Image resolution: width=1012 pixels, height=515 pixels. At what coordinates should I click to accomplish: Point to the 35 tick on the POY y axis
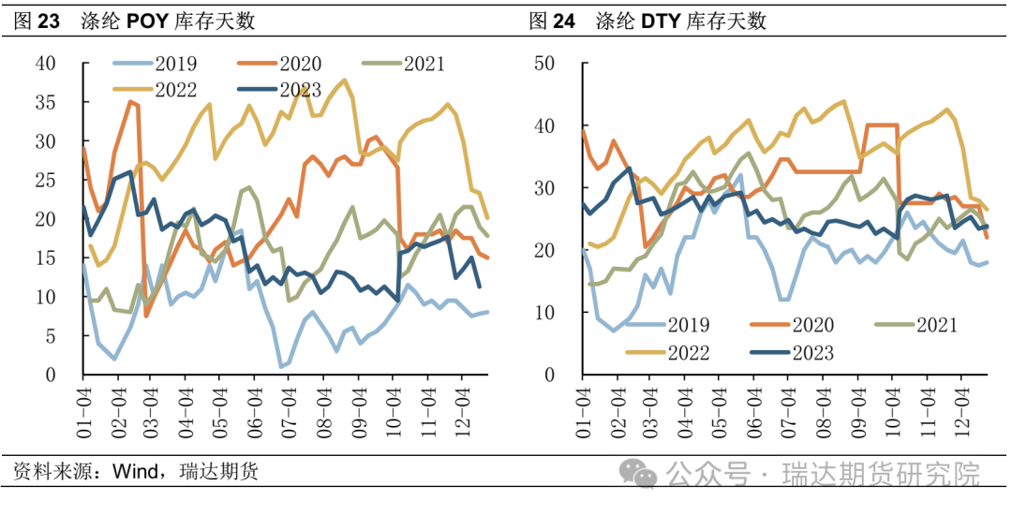(45, 103)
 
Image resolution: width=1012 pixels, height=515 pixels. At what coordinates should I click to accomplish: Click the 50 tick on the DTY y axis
(544, 64)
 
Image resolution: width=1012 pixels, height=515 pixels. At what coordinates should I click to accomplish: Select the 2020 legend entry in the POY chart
(300, 65)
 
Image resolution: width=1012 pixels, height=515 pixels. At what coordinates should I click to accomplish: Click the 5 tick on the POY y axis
(50, 336)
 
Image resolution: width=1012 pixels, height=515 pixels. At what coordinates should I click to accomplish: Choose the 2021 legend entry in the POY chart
(424, 65)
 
